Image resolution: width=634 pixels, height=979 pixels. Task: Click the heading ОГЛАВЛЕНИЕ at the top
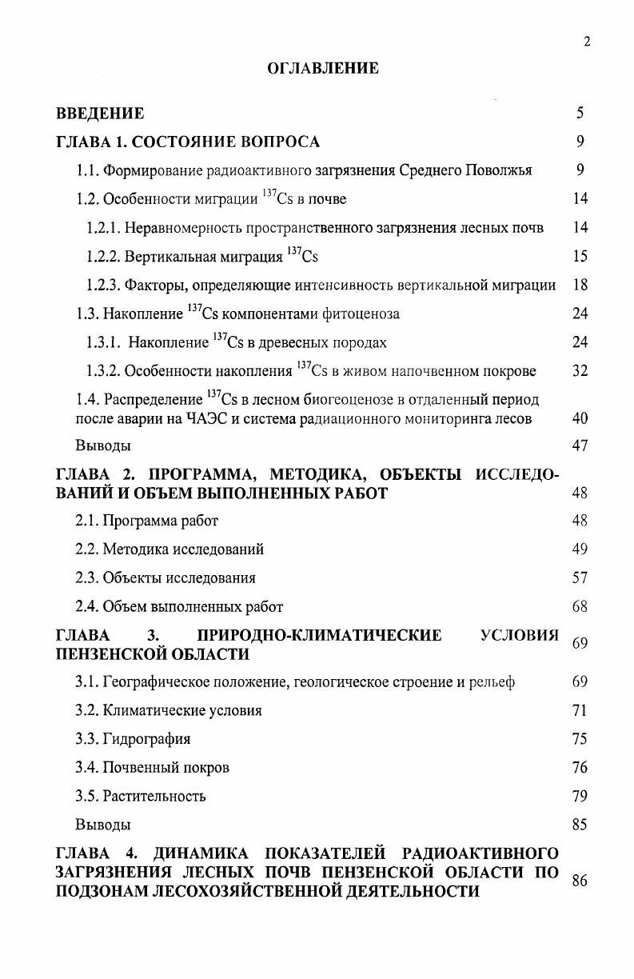(322, 69)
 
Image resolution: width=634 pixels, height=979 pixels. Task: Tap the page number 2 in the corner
(587, 42)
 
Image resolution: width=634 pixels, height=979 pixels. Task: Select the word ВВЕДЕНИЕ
(100, 114)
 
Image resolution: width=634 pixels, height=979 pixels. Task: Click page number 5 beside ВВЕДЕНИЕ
(580, 114)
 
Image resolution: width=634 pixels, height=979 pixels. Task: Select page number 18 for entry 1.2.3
(580, 285)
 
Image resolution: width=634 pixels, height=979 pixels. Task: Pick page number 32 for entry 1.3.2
(580, 371)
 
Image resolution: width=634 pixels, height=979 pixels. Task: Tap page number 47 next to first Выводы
(580, 446)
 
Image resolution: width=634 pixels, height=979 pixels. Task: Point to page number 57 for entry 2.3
(580, 577)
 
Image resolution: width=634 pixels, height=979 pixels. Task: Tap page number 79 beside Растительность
(580, 796)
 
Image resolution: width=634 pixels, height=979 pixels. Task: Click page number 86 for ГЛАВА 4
(580, 881)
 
